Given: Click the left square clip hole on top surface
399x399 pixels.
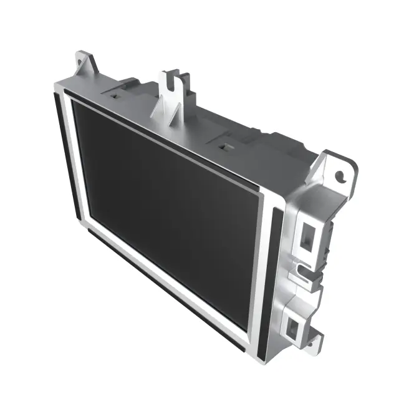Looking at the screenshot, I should coord(116,96).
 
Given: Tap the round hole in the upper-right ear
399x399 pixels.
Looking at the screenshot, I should coord(340,176).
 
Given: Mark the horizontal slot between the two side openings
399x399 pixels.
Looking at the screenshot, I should coord(304,269).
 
